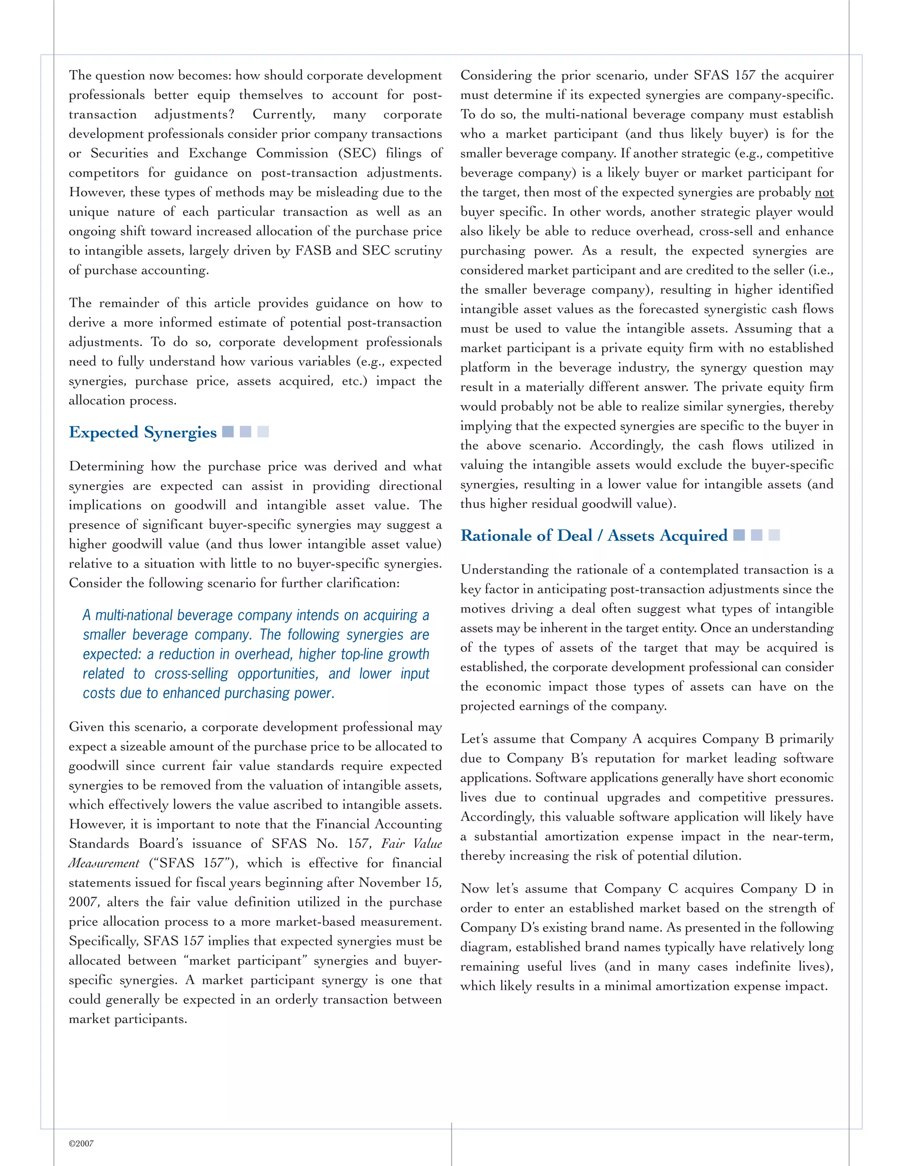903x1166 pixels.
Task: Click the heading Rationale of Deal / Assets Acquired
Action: [593, 535]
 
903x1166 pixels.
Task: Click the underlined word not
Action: [824, 192]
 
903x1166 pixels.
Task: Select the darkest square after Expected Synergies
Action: [228, 431]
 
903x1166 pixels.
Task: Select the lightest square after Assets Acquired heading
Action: [774, 535]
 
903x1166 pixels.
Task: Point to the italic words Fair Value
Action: [411, 844]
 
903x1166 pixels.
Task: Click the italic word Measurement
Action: [104, 863]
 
